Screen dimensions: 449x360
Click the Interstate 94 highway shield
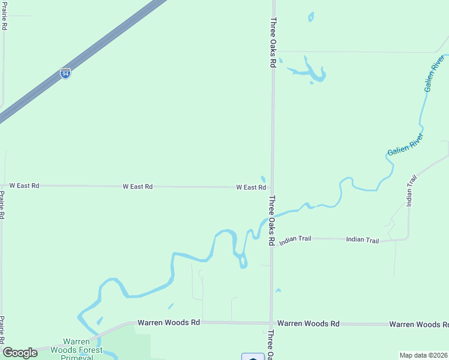click(65, 74)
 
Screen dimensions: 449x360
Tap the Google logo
click(20, 353)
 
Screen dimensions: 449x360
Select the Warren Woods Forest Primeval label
click(76, 350)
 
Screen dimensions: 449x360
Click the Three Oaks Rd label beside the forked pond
click(273, 42)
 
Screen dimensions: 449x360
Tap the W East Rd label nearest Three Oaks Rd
click(251, 187)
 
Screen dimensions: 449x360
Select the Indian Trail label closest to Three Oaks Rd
click(295, 239)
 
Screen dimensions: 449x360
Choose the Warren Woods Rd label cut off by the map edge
click(418, 325)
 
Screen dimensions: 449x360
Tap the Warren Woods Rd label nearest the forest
click(169, 322)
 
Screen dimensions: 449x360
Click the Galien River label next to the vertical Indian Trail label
click(406, 145)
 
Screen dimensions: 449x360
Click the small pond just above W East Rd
click(263, 179)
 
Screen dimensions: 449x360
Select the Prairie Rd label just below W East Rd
click(2, 205)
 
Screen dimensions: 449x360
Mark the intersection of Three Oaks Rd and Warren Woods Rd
click(271, 323)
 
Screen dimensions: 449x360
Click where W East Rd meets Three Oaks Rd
click(272, 187)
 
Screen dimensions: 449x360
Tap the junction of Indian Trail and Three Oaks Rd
click(271, 238)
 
